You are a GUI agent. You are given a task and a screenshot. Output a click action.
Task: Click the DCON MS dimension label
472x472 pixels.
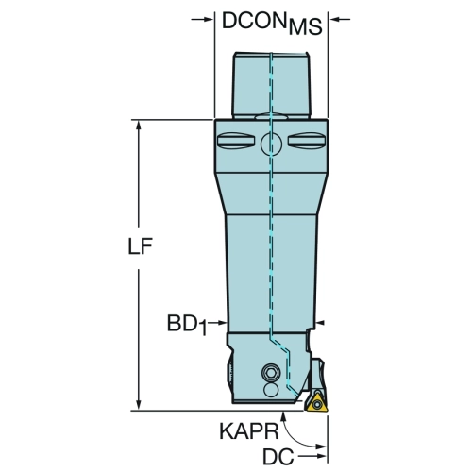pos(272,23)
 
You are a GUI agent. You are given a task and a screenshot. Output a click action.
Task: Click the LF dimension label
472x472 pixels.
pos(141,246)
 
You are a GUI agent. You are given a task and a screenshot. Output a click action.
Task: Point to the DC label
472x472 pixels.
pos(278,456)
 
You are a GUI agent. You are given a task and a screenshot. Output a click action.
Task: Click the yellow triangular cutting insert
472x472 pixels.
pos(315,401)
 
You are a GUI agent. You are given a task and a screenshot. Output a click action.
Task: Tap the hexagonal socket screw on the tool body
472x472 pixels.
pos(271,374)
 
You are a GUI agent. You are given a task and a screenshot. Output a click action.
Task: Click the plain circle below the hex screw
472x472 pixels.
pos(271,390)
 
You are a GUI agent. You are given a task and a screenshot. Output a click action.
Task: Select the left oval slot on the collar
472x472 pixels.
pos(236,141)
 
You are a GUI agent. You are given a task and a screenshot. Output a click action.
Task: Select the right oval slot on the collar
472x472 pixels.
pos(306,141)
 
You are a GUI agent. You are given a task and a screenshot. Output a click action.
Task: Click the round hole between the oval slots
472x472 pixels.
pos(271,143)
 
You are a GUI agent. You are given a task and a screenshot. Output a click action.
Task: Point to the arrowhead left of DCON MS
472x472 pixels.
pos(209,20)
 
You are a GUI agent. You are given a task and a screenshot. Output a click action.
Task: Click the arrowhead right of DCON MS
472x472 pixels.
pos(333,20)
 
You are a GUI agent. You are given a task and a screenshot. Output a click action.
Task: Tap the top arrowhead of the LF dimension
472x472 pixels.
pos(138,126)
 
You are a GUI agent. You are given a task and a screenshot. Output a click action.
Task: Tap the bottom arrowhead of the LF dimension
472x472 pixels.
pos(138,405)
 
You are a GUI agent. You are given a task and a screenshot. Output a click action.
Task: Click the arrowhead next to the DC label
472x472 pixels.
pos(322,456)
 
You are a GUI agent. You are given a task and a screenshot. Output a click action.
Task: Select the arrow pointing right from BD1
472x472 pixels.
pos(217,322)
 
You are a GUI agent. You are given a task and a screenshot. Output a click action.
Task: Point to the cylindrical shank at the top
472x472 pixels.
pos(272,85)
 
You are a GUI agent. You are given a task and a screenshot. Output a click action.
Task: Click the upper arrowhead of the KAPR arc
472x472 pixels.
pos(284,416)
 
